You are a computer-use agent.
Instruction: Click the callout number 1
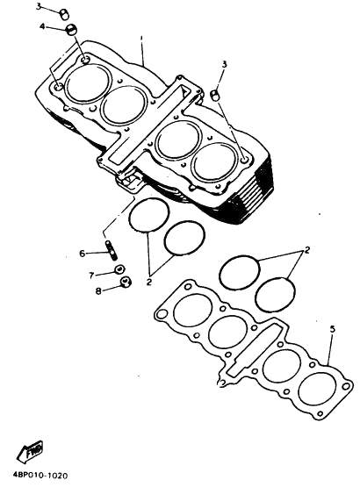[141, 39]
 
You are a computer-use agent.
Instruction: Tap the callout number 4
[43, 26]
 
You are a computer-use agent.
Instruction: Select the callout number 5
[333, 329]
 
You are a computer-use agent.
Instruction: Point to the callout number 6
[82, 254]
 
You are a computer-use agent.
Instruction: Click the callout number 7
[91, 276]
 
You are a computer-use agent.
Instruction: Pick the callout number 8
[98, 291]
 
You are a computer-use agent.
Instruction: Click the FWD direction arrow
[30, 451]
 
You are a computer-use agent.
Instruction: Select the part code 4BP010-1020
[40, 475]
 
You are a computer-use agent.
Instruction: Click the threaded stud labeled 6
[112, 250]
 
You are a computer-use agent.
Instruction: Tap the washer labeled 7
[119, 269]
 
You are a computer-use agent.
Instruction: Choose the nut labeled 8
[126, 282]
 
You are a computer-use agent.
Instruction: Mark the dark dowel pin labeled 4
[72, 28]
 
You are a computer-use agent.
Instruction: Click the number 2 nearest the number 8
[149, 282]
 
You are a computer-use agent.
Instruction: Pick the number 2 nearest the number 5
[307, 250]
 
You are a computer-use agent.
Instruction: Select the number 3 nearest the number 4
[39, 6]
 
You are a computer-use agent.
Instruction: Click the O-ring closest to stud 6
[129, 216]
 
